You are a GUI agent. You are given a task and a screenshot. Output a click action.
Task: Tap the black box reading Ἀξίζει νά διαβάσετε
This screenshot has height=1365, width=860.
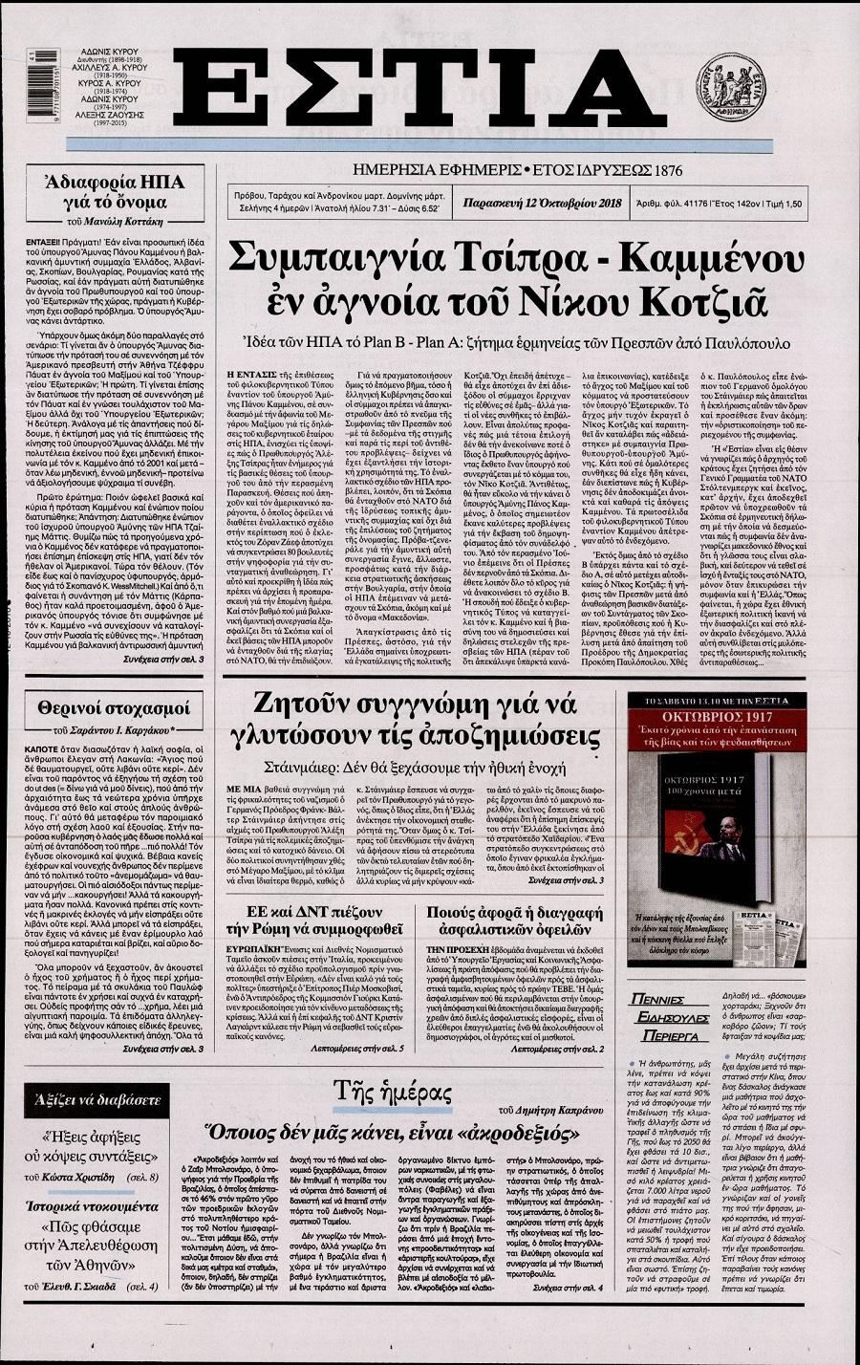coord(106,1100)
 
